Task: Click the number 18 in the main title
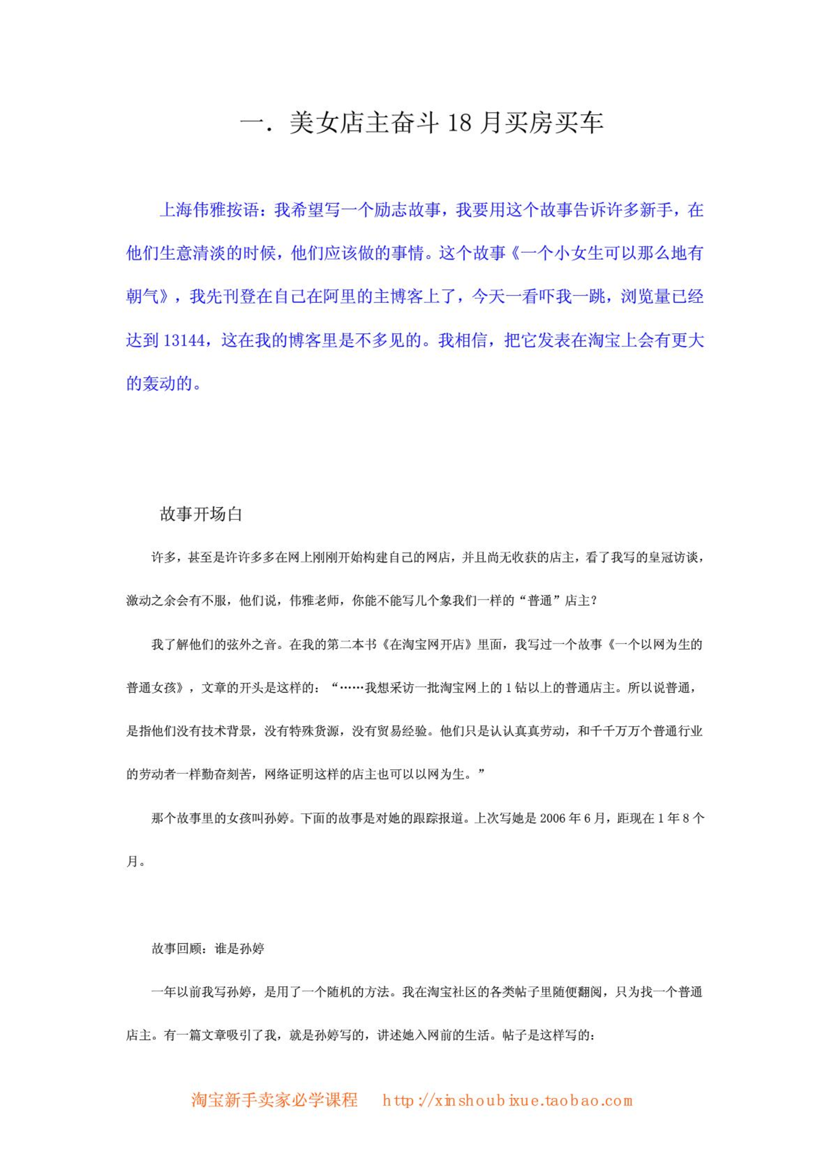click(x=459, y=123)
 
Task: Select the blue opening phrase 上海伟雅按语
click(x=209, y=210)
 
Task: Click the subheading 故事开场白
click(x=201, y=514)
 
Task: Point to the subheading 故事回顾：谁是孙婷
click(x=208, y=949)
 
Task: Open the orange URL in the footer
click(x=507, y=1100)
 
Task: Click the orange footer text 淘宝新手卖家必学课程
click(x=274, y=1100)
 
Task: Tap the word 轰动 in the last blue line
click(x=159, y=384)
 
